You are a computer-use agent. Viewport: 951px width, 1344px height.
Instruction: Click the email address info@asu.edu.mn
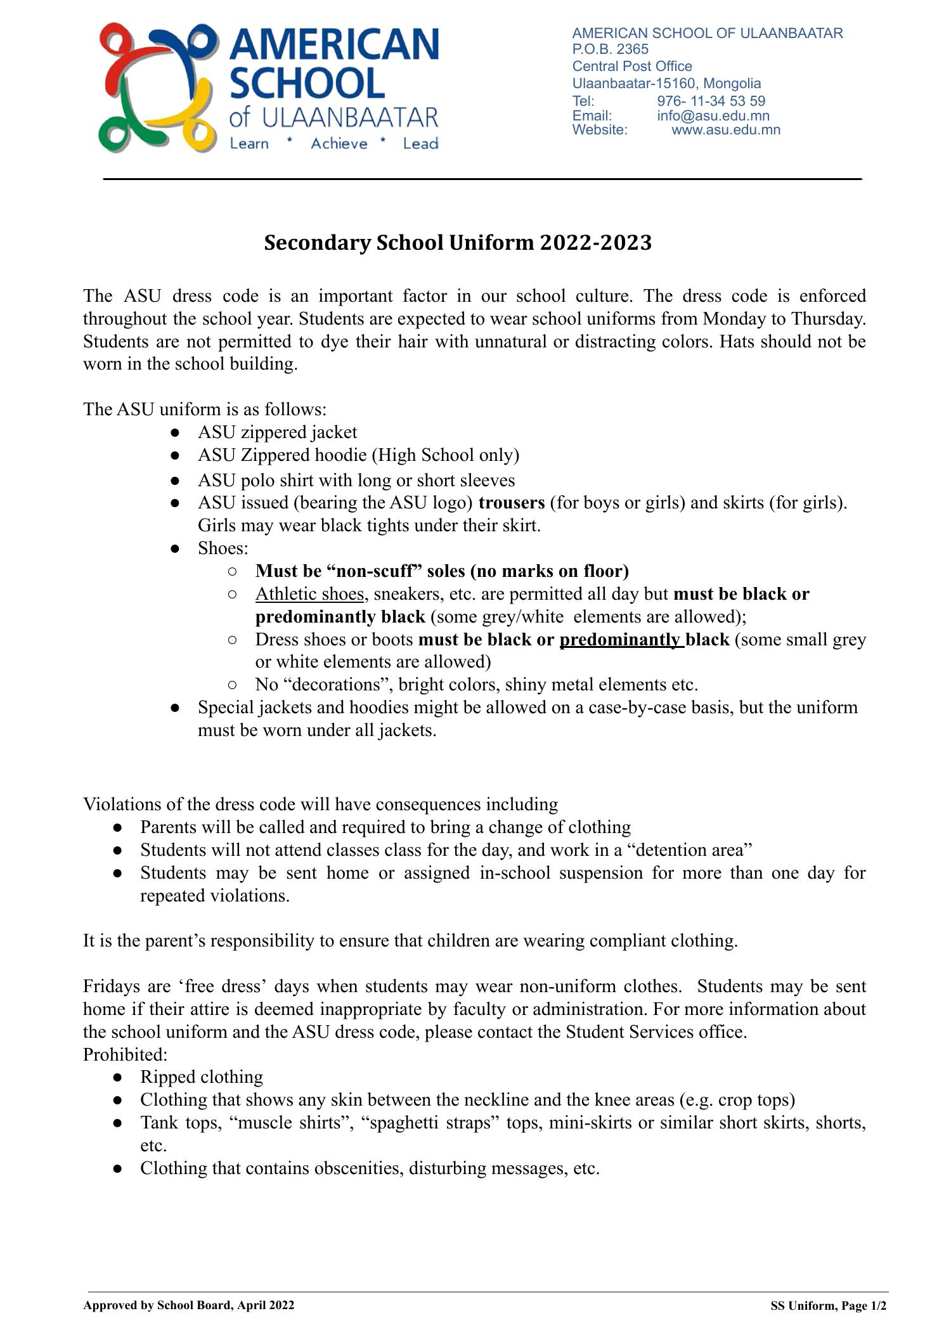pyautogui.click(x=713, y=116)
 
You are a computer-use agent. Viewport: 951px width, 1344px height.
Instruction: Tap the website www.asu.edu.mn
pyautogui.click(x=725, y=131)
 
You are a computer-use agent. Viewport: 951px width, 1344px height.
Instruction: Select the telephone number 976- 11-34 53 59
pyautogui.click(x=711, y=101)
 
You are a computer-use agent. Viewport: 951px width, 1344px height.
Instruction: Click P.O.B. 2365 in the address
pyautogui.click(x=610, y=49)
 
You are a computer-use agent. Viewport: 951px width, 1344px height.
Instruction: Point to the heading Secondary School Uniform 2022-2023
pyautogui.click(x=458, y=243)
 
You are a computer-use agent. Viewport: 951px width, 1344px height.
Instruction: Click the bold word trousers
pyautogui.click(x=511, y=503)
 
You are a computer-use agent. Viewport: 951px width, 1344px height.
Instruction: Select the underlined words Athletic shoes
pyautogui.click(x=309, y=594)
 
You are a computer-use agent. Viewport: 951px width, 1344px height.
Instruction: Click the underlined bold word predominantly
pyautogui.click(x=619, y=640)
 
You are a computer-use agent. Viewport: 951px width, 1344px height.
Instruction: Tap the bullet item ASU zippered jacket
pyautogui.click(x=277, y=432)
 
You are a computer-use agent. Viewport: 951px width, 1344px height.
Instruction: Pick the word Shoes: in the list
pyautogui.click(x=223, y=548)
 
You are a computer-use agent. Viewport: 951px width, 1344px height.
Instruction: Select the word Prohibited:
pyautogui.click(x=125, y=1055)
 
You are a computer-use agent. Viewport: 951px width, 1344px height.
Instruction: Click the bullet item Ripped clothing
pyautogui.click(x=201, y=1077)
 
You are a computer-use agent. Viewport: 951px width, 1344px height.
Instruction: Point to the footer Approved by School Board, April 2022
pyautogui.click(x=188, y=1305)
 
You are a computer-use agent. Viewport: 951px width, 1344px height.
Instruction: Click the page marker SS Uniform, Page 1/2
pyautogui.click(x=828, y=1306)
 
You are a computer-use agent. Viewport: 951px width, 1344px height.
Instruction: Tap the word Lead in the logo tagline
pyautogui.click(x=420, y=144)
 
